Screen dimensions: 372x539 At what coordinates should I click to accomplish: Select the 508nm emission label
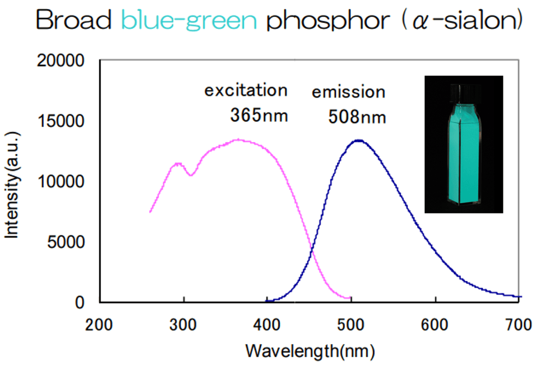coord(357,116)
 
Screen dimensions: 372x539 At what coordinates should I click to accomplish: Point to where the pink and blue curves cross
coord(312,250)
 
